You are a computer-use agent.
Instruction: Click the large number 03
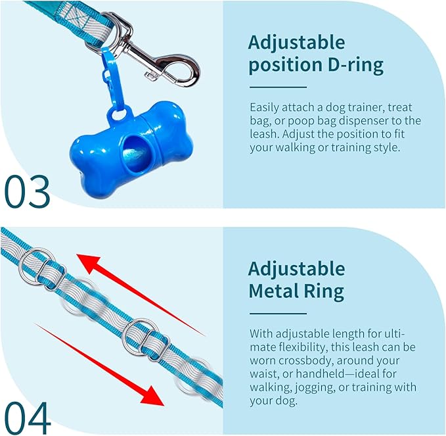tap(28, 191)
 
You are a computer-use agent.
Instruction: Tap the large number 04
tap(28, 418)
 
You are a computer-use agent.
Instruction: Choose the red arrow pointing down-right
tap(100, 364)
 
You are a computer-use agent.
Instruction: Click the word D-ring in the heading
tap(355, 65)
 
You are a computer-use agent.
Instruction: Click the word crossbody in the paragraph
tap(305, 360)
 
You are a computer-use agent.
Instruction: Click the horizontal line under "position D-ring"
tap(279, 87)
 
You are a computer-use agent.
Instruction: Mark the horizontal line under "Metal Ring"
tap(279, 314)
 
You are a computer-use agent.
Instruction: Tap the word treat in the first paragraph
tap(399, 108)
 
